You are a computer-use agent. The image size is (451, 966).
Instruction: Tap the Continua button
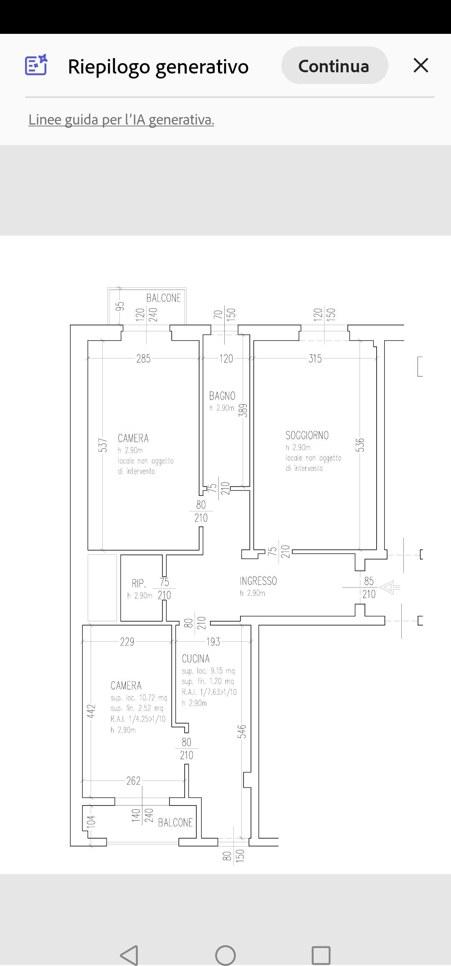[x=334, y=66]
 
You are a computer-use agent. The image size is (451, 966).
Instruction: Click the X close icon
[x=421, y=66]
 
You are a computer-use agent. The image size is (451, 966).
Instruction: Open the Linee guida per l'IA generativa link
[x=121, y=120]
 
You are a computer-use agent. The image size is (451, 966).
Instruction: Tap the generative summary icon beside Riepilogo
[x=36, y=65]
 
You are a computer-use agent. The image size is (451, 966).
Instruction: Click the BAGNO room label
[x=222, y=396]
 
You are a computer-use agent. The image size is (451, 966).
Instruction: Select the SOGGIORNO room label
[x=307, y=435]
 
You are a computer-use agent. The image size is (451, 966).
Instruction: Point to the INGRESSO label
[x=258, y=581]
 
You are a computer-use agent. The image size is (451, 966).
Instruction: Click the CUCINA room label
[x=195, y=659]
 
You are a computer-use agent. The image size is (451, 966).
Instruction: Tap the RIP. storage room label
[x=139, y=583]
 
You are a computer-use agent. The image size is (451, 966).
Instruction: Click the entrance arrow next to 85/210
[x=389, y=587]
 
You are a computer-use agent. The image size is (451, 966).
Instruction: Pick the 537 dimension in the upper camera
[x=103, y=445]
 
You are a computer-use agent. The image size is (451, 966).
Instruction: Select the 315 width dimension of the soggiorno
[x=315, y=358]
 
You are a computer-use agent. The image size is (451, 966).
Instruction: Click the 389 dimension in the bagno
[x=243, y=410]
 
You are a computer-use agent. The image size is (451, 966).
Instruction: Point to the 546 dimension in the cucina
[x=242, y=731]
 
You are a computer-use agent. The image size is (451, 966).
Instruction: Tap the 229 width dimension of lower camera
[x=127, y=641]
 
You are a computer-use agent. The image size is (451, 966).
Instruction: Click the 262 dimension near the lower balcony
[x=134, y=780]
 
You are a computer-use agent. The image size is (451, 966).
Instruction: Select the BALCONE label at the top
[x=164, y=298]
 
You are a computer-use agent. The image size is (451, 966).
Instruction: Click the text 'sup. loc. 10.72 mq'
[x=139, y=698]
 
